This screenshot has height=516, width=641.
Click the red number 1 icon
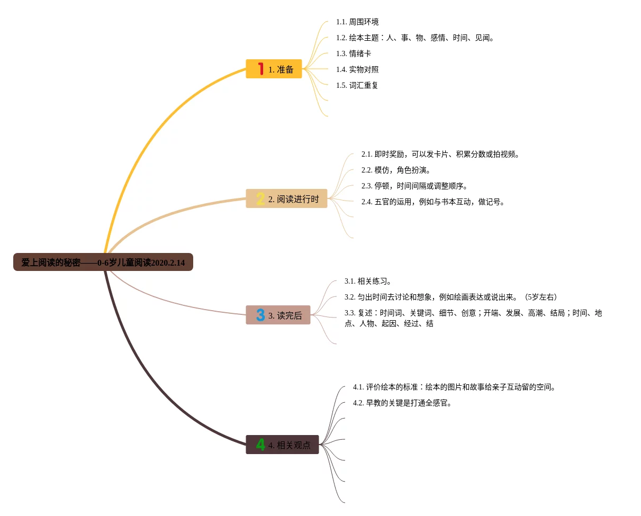tap(260, 69)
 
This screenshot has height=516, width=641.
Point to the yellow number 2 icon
tap(260, 199)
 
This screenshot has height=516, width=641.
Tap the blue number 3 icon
tap(260, 315)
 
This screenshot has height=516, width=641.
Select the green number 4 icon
tap(260, 445)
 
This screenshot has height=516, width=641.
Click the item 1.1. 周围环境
tap(357, 22)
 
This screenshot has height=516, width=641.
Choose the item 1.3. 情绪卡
tap(354, 53)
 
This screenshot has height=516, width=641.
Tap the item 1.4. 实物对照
tap(357, 69)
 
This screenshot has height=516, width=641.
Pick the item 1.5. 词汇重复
tap(357, 85)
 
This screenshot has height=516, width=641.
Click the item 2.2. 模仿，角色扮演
tap(396, 170)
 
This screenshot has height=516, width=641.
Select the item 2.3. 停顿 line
tap(414, 186)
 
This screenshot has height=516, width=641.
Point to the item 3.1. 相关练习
tap(368, 281)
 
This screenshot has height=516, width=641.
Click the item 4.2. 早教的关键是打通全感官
tap(402, 403)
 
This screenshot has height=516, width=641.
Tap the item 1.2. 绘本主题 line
tap(415, 38)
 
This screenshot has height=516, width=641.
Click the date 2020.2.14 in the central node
tap(168, 262)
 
